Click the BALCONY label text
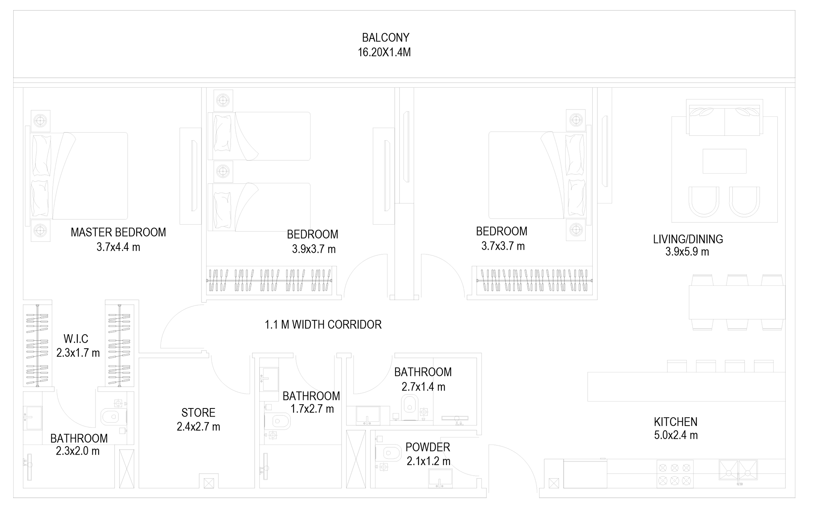(385, 38)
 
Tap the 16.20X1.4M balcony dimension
(384, 52)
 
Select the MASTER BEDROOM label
(118, 232)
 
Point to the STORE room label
(198, 412)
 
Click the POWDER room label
(428, 447)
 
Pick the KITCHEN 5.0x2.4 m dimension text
(676, 435)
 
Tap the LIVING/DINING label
(688, 239)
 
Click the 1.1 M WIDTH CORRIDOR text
(323, 325)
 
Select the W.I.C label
(76, 339)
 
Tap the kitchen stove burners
(675, 474)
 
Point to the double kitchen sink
(738, 470)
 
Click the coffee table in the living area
(724, 161)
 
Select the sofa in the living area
(724, 118)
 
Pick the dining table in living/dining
(737, 302)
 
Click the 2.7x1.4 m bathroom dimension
(423, 387)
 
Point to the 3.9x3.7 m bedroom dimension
(314, 249)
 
